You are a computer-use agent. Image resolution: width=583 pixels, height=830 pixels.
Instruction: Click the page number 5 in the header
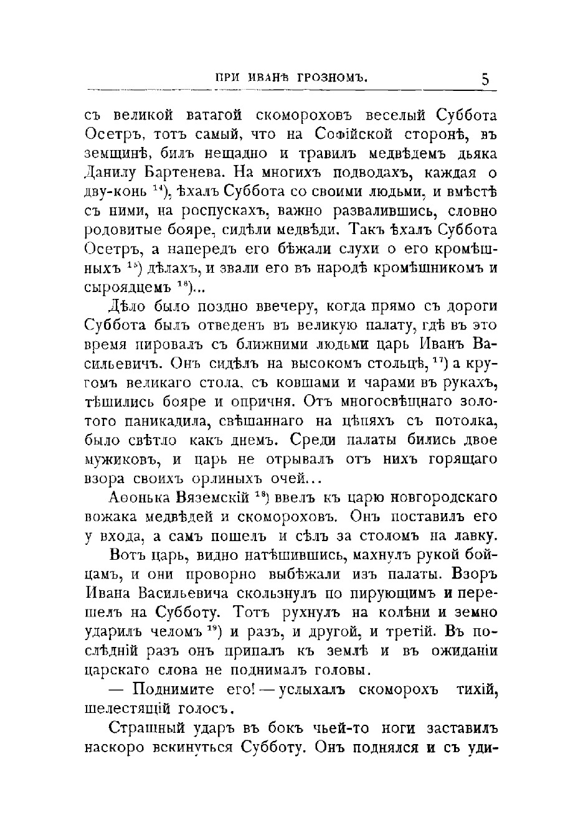tap(485, 79)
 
